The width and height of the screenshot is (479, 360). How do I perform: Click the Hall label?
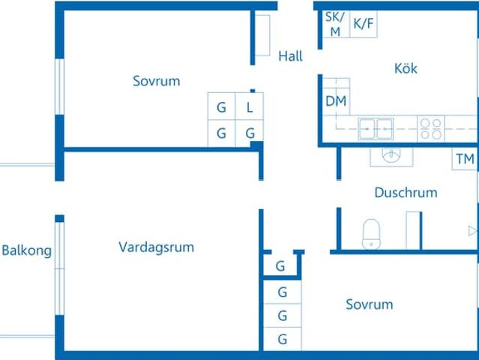(x=290, y=55)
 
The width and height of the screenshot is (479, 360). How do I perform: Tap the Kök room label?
(x=406, y=68)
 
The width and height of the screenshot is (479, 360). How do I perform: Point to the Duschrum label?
(x=406, y=193)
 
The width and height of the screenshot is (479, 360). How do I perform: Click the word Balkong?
(x=27, y=250)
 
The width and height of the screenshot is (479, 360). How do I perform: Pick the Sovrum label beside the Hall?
(x=157, y=81)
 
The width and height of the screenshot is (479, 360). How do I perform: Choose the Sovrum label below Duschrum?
(x=370, y=304)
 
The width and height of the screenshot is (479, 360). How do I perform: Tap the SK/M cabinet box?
(x=334, y=24)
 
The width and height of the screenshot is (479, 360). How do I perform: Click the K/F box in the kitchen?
(x=364, y=24)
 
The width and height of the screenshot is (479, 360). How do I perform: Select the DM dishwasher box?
(x=336, y=100)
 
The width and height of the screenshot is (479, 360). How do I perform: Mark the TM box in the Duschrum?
(x=465, y=159)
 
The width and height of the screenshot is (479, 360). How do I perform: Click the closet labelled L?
(x=250, y=106)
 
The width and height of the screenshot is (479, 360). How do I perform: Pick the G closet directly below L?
(x=250, y=133)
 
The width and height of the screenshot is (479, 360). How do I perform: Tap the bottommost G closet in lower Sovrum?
(x=282, y=339)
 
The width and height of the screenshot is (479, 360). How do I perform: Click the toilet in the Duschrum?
(x=372, y=232)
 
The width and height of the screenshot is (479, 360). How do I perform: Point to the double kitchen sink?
(x=376, y=128)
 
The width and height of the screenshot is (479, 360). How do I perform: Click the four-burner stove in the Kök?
(x=430, y=128)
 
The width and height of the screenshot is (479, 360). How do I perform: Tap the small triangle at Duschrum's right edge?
(x=472, y=230)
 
